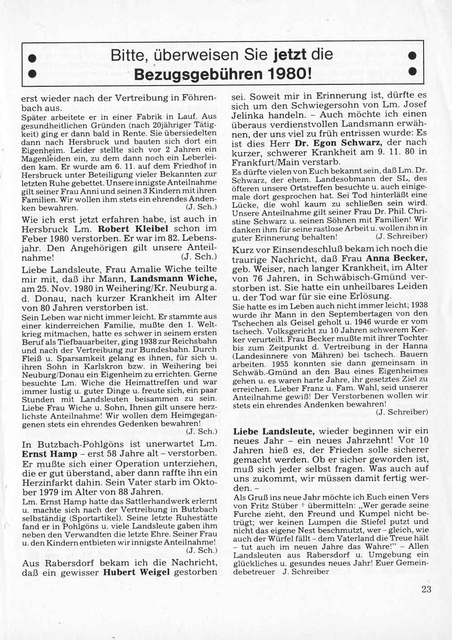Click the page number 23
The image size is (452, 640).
[x=426, y=589]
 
